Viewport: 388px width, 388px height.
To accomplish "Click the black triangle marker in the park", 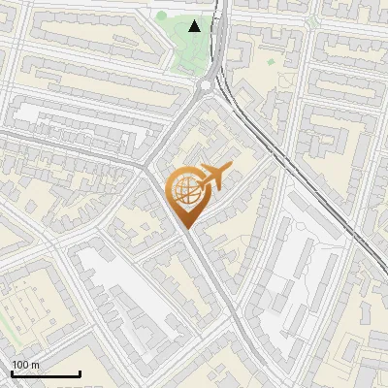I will pos(195,26).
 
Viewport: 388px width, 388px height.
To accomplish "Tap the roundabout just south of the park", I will pos(207,86).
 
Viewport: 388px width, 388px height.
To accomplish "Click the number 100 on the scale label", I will pos(20,365).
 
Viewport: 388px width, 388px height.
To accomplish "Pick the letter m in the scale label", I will pos(36,365).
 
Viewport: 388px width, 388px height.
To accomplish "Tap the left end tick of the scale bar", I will pos(11,372).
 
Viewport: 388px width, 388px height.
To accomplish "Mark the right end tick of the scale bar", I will pos(80,372).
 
